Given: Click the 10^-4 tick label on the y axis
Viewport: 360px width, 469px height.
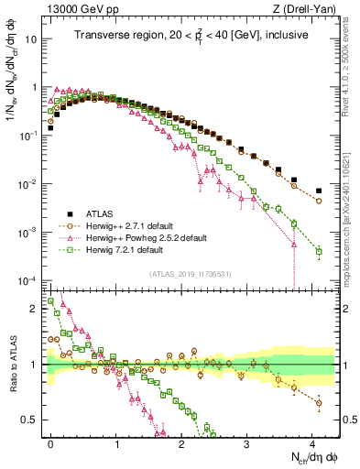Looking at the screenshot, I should pos(28,280).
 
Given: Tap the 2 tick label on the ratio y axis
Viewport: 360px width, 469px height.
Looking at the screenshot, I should pos(36,309).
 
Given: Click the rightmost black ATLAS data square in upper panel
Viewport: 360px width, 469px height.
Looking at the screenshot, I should pos(319,191).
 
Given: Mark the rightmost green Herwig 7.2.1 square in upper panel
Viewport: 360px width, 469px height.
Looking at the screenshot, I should pos(319,251).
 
